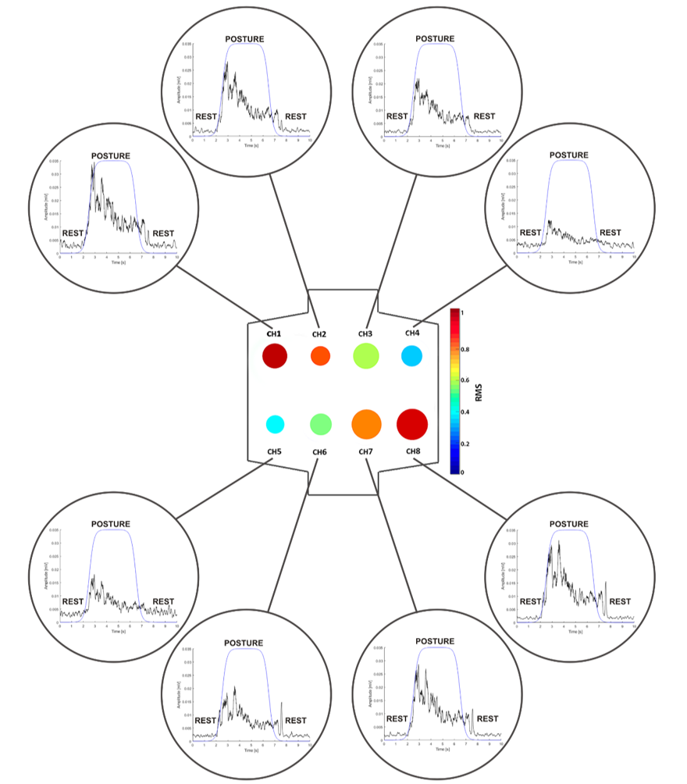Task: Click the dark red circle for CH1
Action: [x=275, y=356]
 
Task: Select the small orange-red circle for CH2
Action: [x=320, y=356]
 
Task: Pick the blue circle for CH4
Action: [x=411, y=356]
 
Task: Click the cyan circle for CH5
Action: [x=274, y=424]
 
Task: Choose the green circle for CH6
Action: [x=320, y=424]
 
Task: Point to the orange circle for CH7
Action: [x=366, y=424]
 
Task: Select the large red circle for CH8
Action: [x=412, y=424]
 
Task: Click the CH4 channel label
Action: [x=412, y=333]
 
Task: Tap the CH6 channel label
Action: [x=319, y=452]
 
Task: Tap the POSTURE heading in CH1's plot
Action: [x=111, y=155]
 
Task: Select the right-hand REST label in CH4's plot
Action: [x=610, y=233]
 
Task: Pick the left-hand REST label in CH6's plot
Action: [x=205, y=720]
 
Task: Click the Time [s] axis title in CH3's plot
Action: [x=443, y=145]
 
